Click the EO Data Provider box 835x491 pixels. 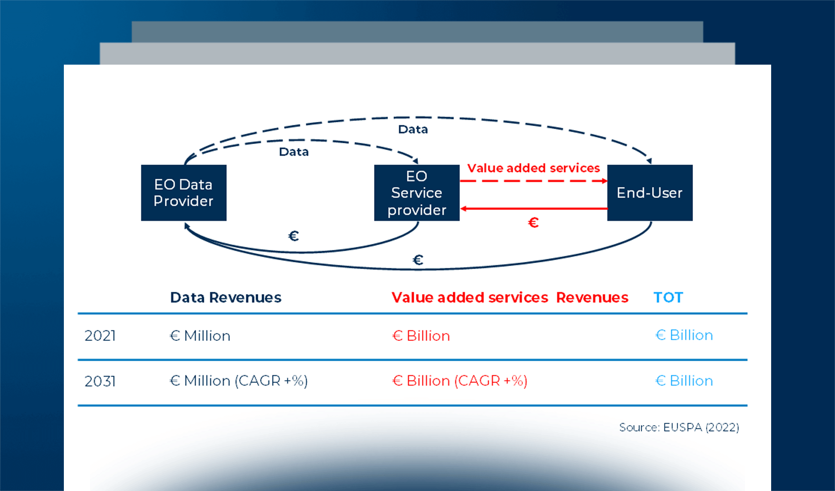click(183, 193)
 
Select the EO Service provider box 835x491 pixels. click(417, 193)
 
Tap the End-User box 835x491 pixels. click(650, 193)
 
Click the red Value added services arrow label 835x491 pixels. click(533, 168)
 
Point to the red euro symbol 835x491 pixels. click(533, 223)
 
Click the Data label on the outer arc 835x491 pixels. click(413, 129)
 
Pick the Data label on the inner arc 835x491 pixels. click(294, 152)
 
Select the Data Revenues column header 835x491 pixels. click(226, 297)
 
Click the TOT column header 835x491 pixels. click(668, 297)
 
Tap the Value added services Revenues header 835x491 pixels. click(510, 297)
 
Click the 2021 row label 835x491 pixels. click(100, 336)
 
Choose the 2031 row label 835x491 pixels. click(100, 381)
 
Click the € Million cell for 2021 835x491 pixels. click(200, 336)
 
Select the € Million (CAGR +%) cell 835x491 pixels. click(239, 381)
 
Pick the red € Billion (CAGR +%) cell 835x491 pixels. click(460, 381)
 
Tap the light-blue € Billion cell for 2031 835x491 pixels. click(684, 381)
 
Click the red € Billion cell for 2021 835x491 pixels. click(421, 336)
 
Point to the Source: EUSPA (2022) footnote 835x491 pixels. click(679, 428)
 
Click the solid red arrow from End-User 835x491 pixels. click(533, 209)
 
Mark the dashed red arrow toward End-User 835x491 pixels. click(533, 181)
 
